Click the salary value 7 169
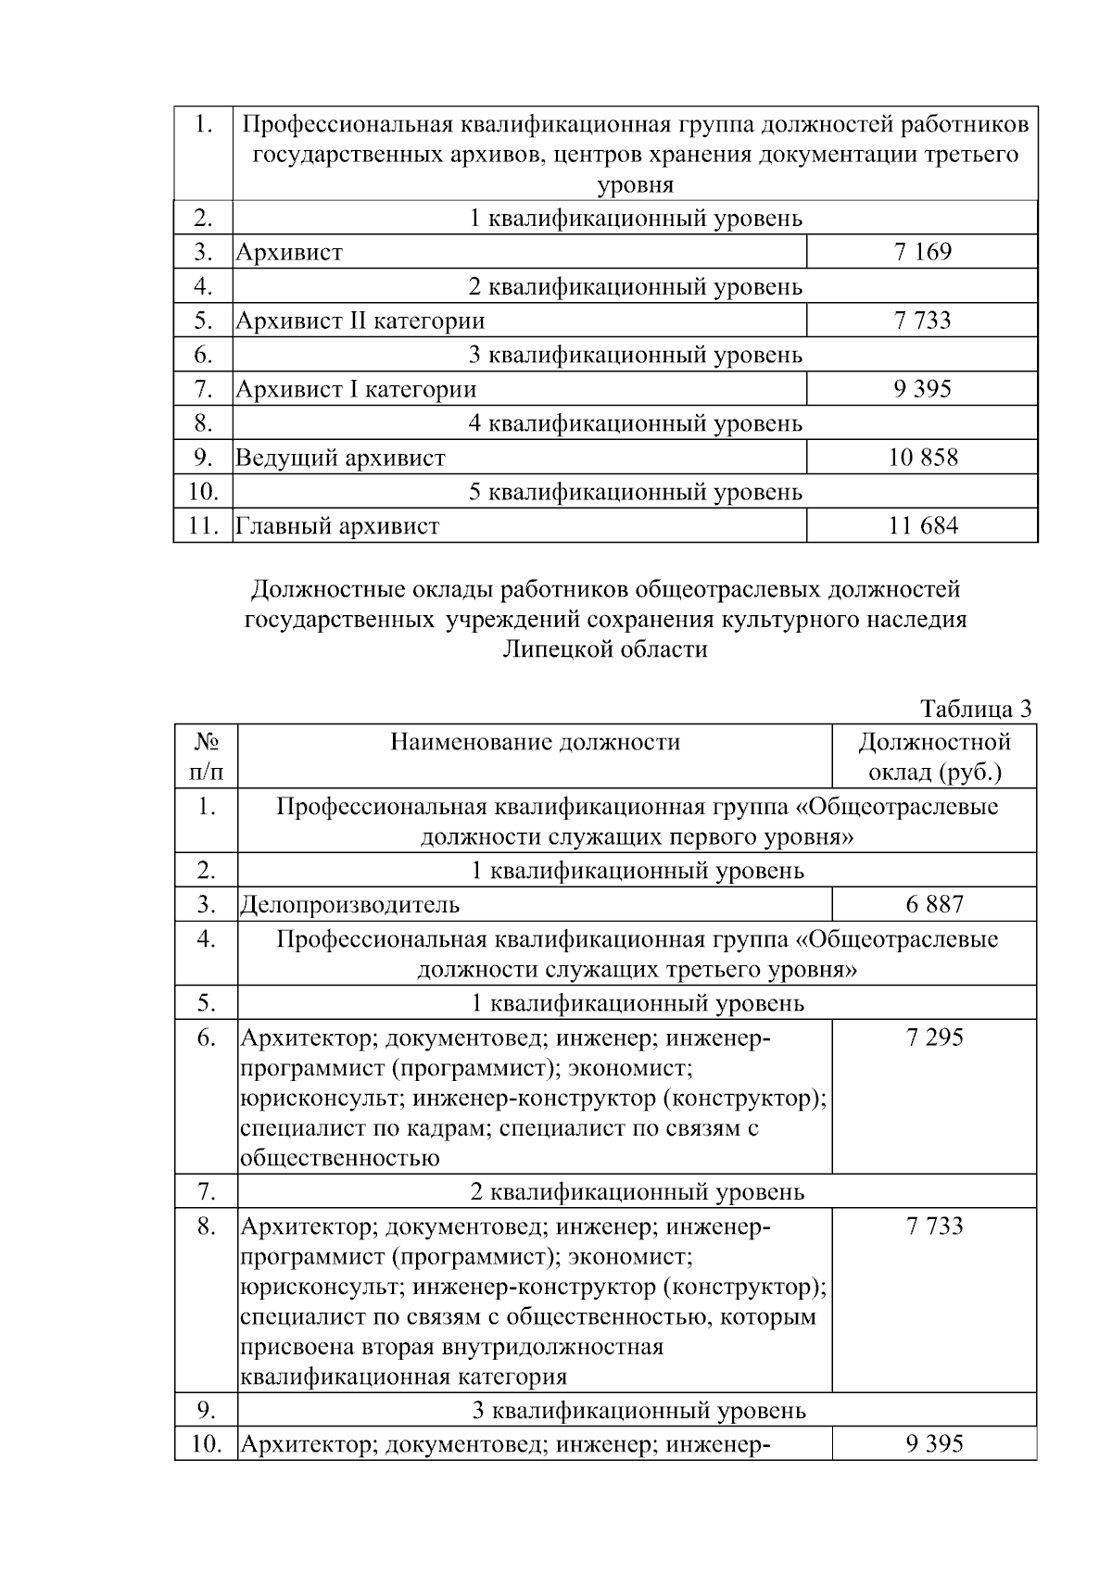922,252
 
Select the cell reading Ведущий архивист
340,458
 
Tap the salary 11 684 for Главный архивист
922,526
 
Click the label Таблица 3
975,710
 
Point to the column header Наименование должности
535,742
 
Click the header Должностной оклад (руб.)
934,757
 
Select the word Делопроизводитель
350,904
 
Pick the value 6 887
934,904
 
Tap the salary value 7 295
934,1038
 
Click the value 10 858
922,458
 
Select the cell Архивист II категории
360,321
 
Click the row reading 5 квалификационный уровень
635,492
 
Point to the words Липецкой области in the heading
604,649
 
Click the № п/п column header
206,757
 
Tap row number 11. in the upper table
203,526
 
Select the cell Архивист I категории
356,389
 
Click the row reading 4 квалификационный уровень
635,423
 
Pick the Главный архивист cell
337,526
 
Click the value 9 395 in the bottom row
934,1443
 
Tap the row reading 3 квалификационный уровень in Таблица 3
638,1410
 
